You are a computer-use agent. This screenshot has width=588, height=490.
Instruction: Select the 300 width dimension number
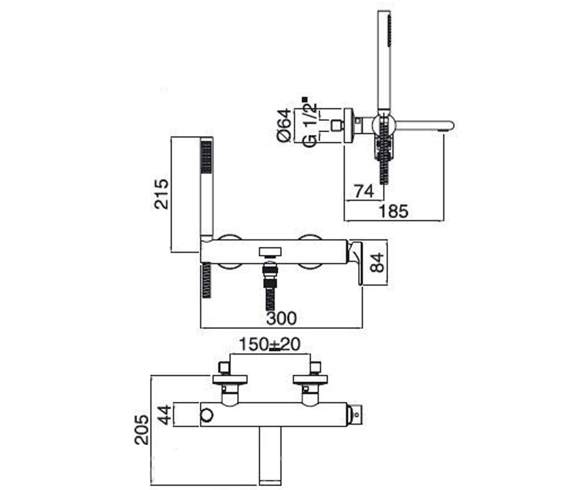[281, 318]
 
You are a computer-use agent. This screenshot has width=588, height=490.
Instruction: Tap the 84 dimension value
[377, 263]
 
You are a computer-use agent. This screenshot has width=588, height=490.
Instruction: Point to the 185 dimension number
[393, 211]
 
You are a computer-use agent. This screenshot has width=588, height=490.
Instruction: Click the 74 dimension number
[364, 192]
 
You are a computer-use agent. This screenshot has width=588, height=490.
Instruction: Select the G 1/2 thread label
[310, 125]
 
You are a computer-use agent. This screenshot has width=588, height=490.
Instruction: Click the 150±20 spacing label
[270, 344]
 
